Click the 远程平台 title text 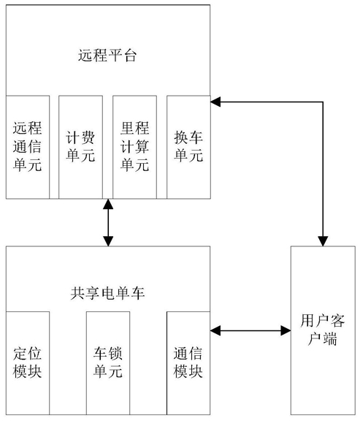click(107, 56)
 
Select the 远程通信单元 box click(28, 147)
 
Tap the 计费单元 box click(81, 147)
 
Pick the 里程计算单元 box click(134, 147)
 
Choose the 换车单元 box click(188, 147)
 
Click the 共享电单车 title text click(107, 293)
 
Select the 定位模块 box click(28, 363)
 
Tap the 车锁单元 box click(108, 363)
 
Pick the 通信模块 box click(188, 363)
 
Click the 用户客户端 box click(323, 330)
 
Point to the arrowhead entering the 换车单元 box click(215, 102)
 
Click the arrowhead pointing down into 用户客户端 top click(323, 241)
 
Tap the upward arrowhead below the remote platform click(108, 204)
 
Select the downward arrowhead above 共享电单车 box click(108, 241)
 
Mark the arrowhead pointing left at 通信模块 click(215, 330)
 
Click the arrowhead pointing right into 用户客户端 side click(286, 330)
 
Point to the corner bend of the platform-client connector click(323, 102)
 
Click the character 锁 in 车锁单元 click(115, 354)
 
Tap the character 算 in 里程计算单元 click(142, 147)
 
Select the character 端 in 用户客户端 click(330, 339)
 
